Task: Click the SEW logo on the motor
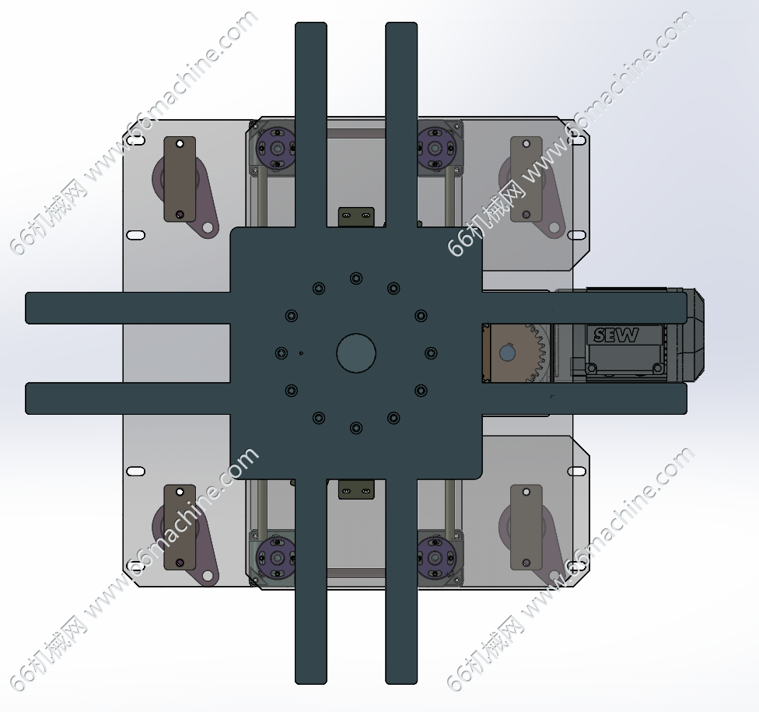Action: [x=616, y=335]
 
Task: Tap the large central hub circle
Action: [x=356, y=353]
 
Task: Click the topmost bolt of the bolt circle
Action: [x=356, y=279]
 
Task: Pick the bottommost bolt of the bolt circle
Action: [x=356, y=428]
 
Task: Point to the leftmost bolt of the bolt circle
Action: [x=282, y=353]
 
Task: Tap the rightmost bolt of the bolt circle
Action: [x=431, y=353]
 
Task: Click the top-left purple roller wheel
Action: [x=276, y=148]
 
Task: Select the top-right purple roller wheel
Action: [x=435, y=148]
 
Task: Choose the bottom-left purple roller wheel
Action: [x=276, y=558]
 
